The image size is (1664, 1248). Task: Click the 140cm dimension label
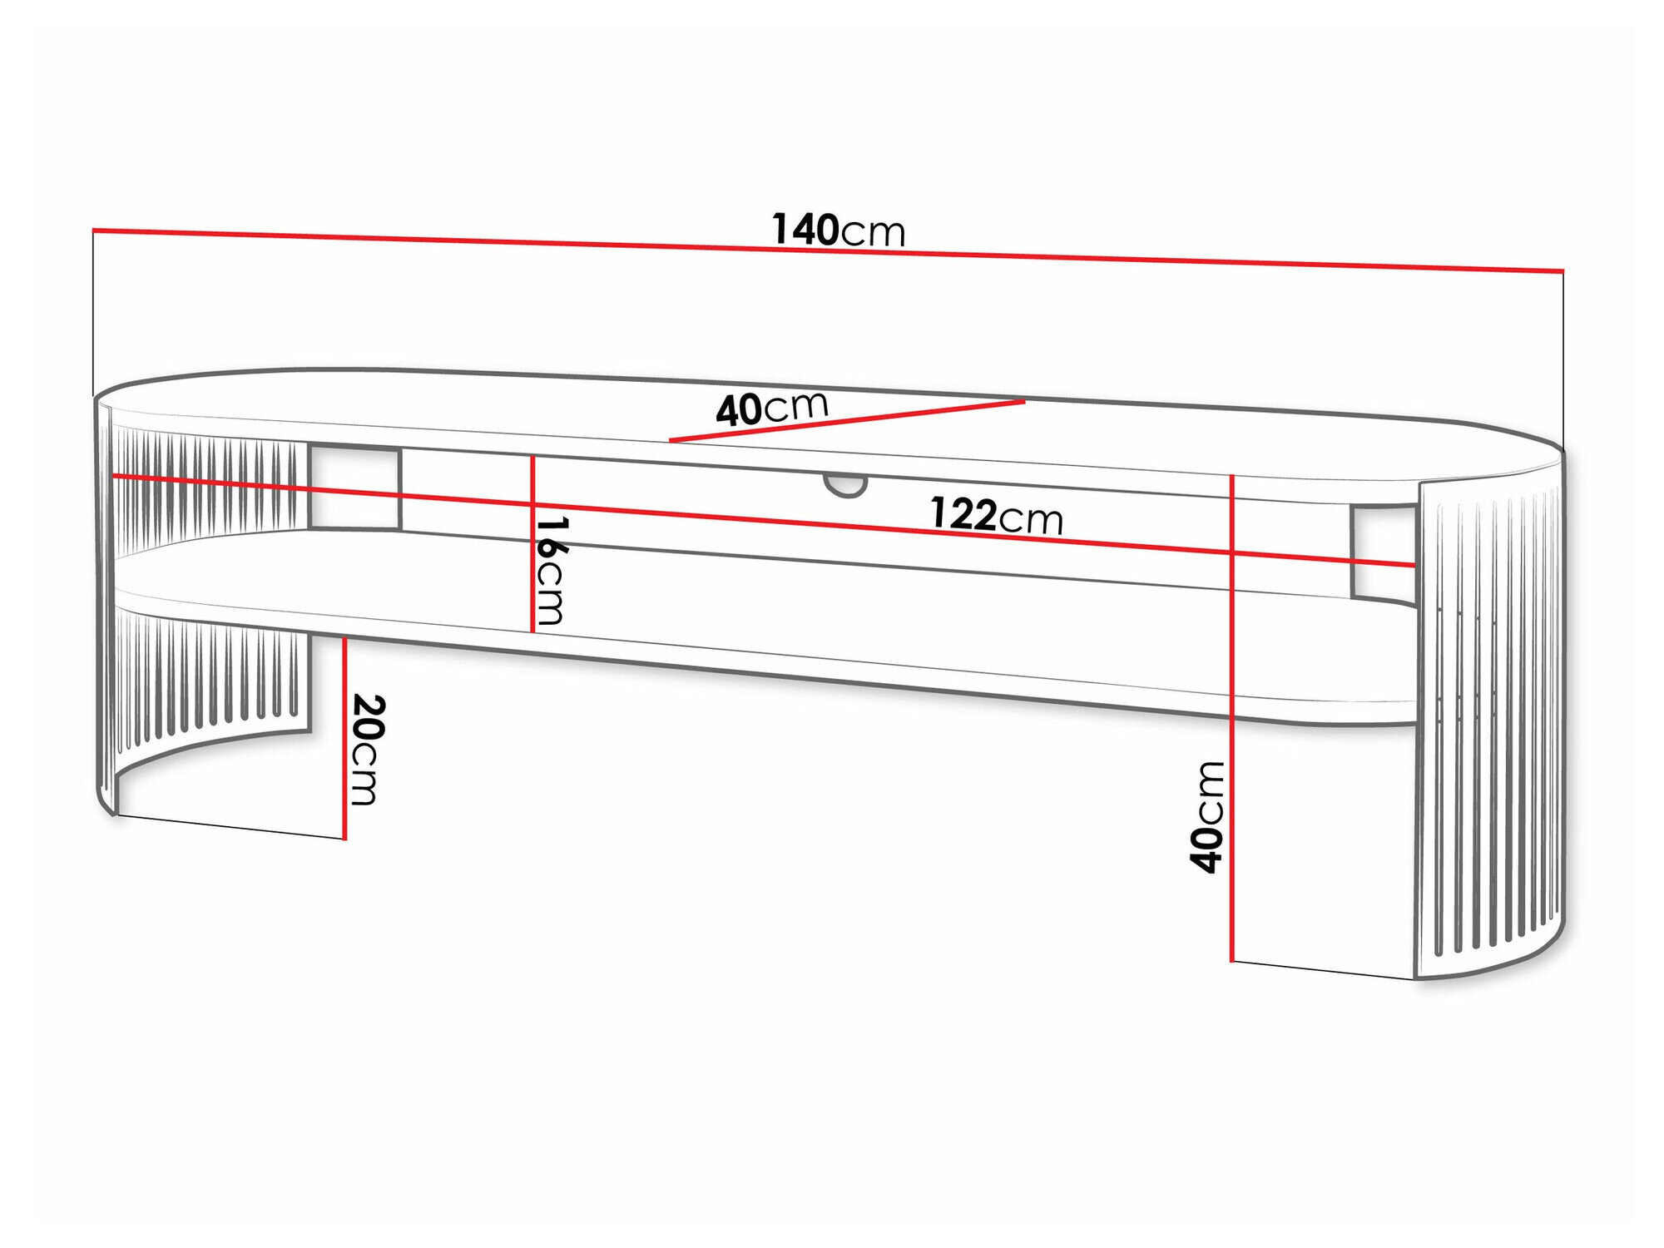(838, 230)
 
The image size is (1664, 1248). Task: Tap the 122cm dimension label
(996, 516)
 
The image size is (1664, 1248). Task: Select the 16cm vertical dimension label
(551, 571)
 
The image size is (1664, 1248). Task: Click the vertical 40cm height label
(1207, 817)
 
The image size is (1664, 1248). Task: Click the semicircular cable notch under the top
(845, 485)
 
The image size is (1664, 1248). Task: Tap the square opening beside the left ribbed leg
(354, 488)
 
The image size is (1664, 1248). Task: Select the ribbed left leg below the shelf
(208, 674)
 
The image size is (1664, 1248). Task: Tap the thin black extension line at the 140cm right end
(1562, 358)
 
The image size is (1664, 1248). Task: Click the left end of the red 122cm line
(115, 476)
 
